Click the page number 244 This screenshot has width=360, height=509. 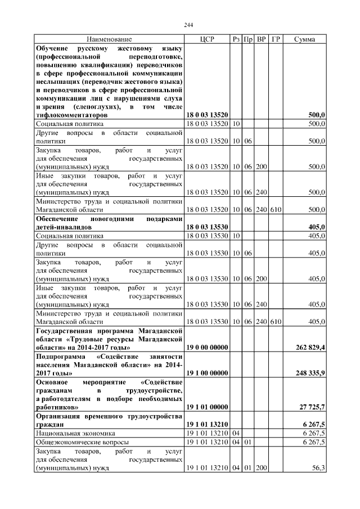[x=188, y=24]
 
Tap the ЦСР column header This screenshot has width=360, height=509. [x=207, y=39]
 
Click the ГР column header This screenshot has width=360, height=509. [x=276, y=39]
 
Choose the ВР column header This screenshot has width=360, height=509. [x=262, y=39]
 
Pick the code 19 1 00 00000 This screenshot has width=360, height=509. [x=207, y=373]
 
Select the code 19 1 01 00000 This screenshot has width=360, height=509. [x=207, y=406]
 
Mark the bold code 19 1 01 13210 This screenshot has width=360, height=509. [x=207, y=425]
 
